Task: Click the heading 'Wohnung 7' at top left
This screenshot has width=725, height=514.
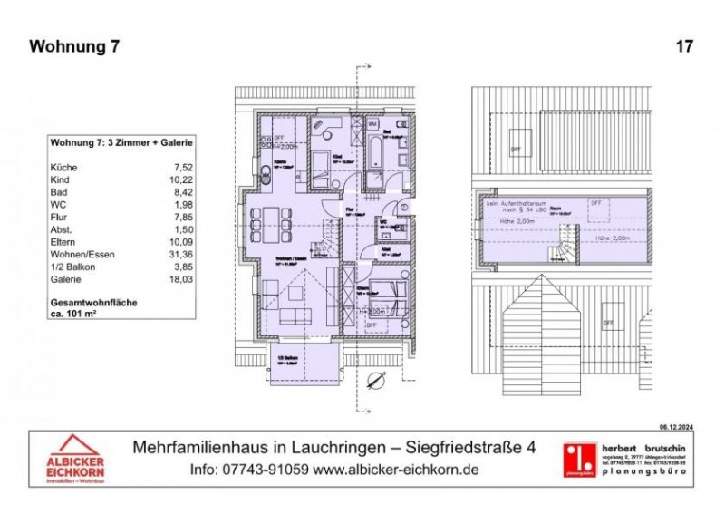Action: (x=74, y=46)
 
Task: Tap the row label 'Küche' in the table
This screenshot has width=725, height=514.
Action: (x=65, y=168)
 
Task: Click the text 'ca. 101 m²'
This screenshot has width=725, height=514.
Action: (x=80, y=312)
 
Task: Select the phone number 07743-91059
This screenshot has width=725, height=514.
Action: (x=265, y=470)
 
